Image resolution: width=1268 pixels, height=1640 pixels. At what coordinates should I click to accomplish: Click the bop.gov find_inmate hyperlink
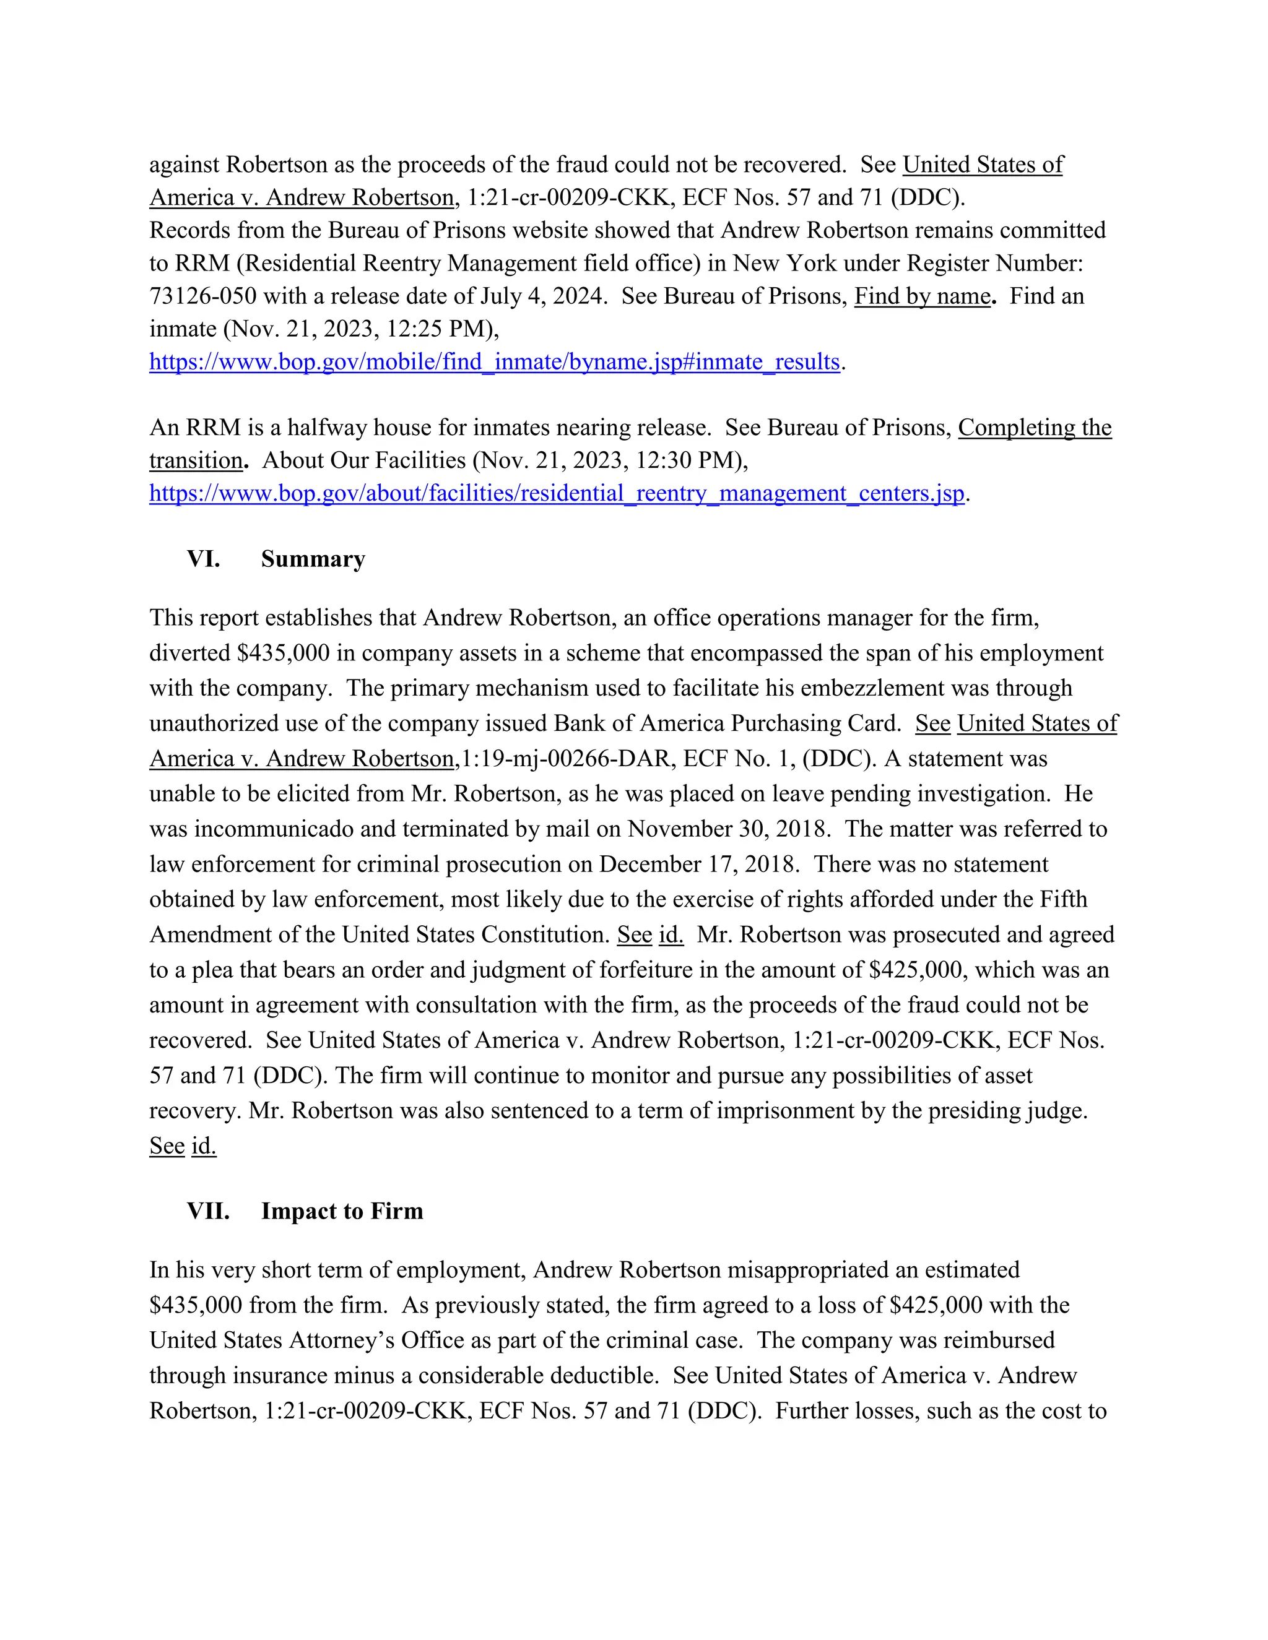click(494, 362)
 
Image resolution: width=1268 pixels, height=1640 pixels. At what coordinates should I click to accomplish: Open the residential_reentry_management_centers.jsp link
click(557, 493)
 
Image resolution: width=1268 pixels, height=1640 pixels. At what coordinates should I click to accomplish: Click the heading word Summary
click(313, 559)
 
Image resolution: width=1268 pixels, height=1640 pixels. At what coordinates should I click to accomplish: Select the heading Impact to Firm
click(342, 1211)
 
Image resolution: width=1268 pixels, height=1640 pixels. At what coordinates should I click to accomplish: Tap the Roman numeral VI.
click(204, 559)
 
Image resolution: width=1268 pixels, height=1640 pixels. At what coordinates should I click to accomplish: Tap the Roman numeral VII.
click(208, 1211)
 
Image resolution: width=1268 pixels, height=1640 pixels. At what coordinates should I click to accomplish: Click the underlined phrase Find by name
click(923, 296)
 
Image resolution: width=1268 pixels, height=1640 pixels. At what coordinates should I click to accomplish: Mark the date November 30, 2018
click(729, 829)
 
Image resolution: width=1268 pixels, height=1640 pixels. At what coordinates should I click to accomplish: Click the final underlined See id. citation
click(183, 1146)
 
